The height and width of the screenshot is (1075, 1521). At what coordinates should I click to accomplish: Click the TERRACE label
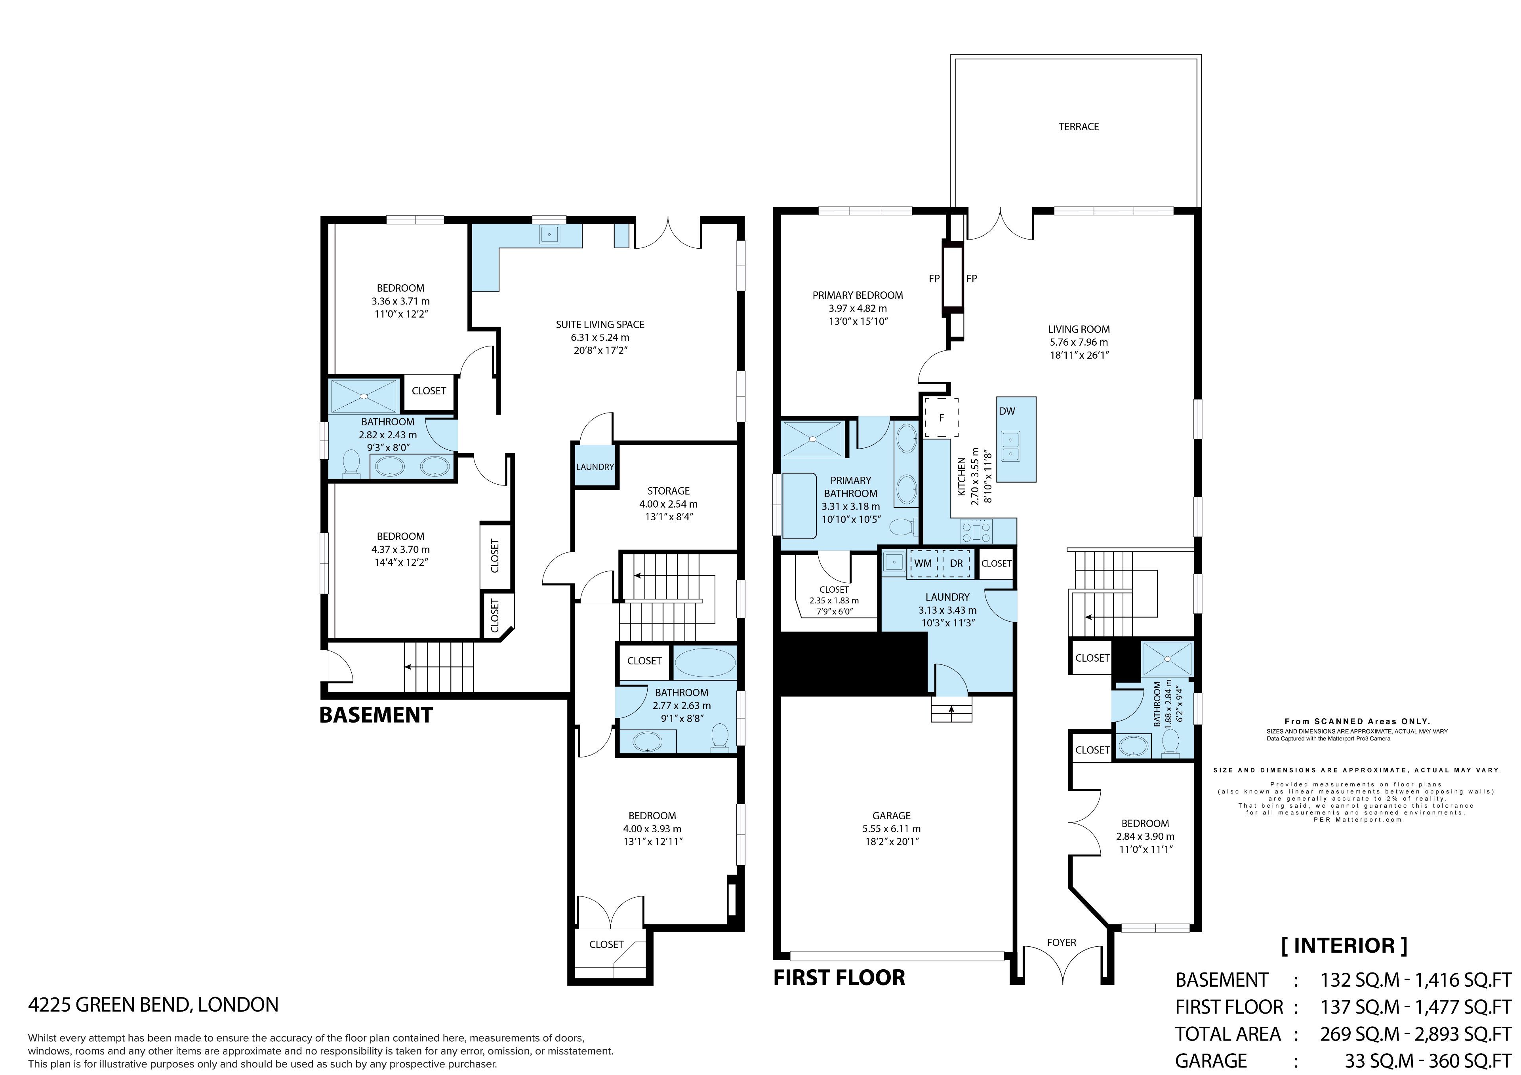click(x=1079, y=127)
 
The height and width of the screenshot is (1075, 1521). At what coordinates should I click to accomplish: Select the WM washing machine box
click(x=923, y=563)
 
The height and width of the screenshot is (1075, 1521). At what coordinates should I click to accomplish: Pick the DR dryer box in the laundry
click(x=956, y=563)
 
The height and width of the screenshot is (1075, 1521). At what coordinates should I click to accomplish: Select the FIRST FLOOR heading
click(x=839, y=978)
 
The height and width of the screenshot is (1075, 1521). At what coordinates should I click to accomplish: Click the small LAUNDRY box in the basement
click(x=595, y=466)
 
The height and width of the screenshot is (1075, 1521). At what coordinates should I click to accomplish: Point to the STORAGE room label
click(x=669, y=491)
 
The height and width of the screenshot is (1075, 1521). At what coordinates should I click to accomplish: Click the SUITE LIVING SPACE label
click(x=600, y=325)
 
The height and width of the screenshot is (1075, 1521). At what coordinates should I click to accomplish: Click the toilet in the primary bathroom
click(x=903, y=527)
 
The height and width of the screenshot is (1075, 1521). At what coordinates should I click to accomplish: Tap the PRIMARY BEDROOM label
click(x=858, y=295)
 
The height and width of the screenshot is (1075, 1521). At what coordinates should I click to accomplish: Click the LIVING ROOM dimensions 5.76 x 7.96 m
click(x=1079, y=342)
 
